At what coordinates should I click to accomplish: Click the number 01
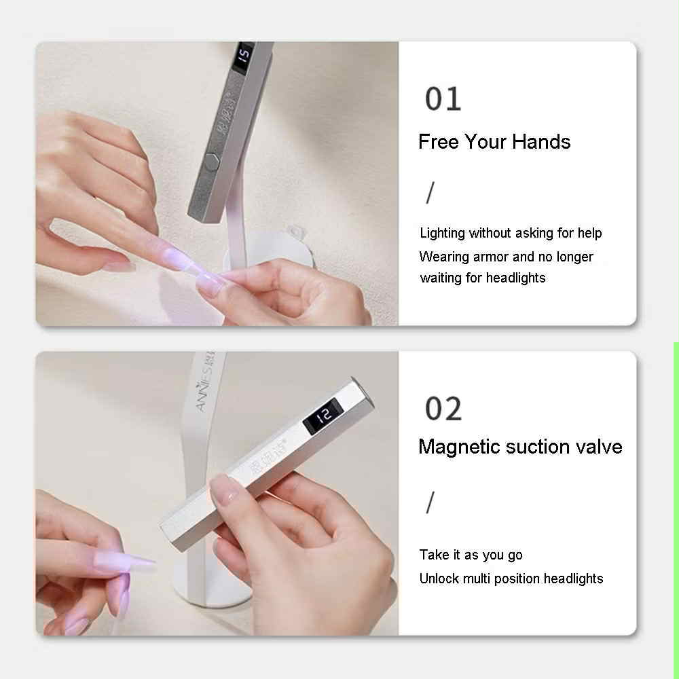pyautogui.click(x=443, y=98)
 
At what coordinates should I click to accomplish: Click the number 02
pyautogui.click(x=443, y=408)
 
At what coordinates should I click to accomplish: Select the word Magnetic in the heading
pyautogui.click(x=458, y=447)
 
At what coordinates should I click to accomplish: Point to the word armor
pyautogui.click(x=491, y=257)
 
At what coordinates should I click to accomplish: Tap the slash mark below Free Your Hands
pyautogui.click(x=430, y=193)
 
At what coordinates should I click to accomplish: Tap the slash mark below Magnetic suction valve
pyautogui.click(x=430, y=502)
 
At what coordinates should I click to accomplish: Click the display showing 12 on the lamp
pyautogui.click(x=323, y=416)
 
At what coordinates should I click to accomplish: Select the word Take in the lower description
pyautogui.click(x=434, y=555)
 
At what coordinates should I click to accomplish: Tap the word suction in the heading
pyautogui.click(x=537, y=447)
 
